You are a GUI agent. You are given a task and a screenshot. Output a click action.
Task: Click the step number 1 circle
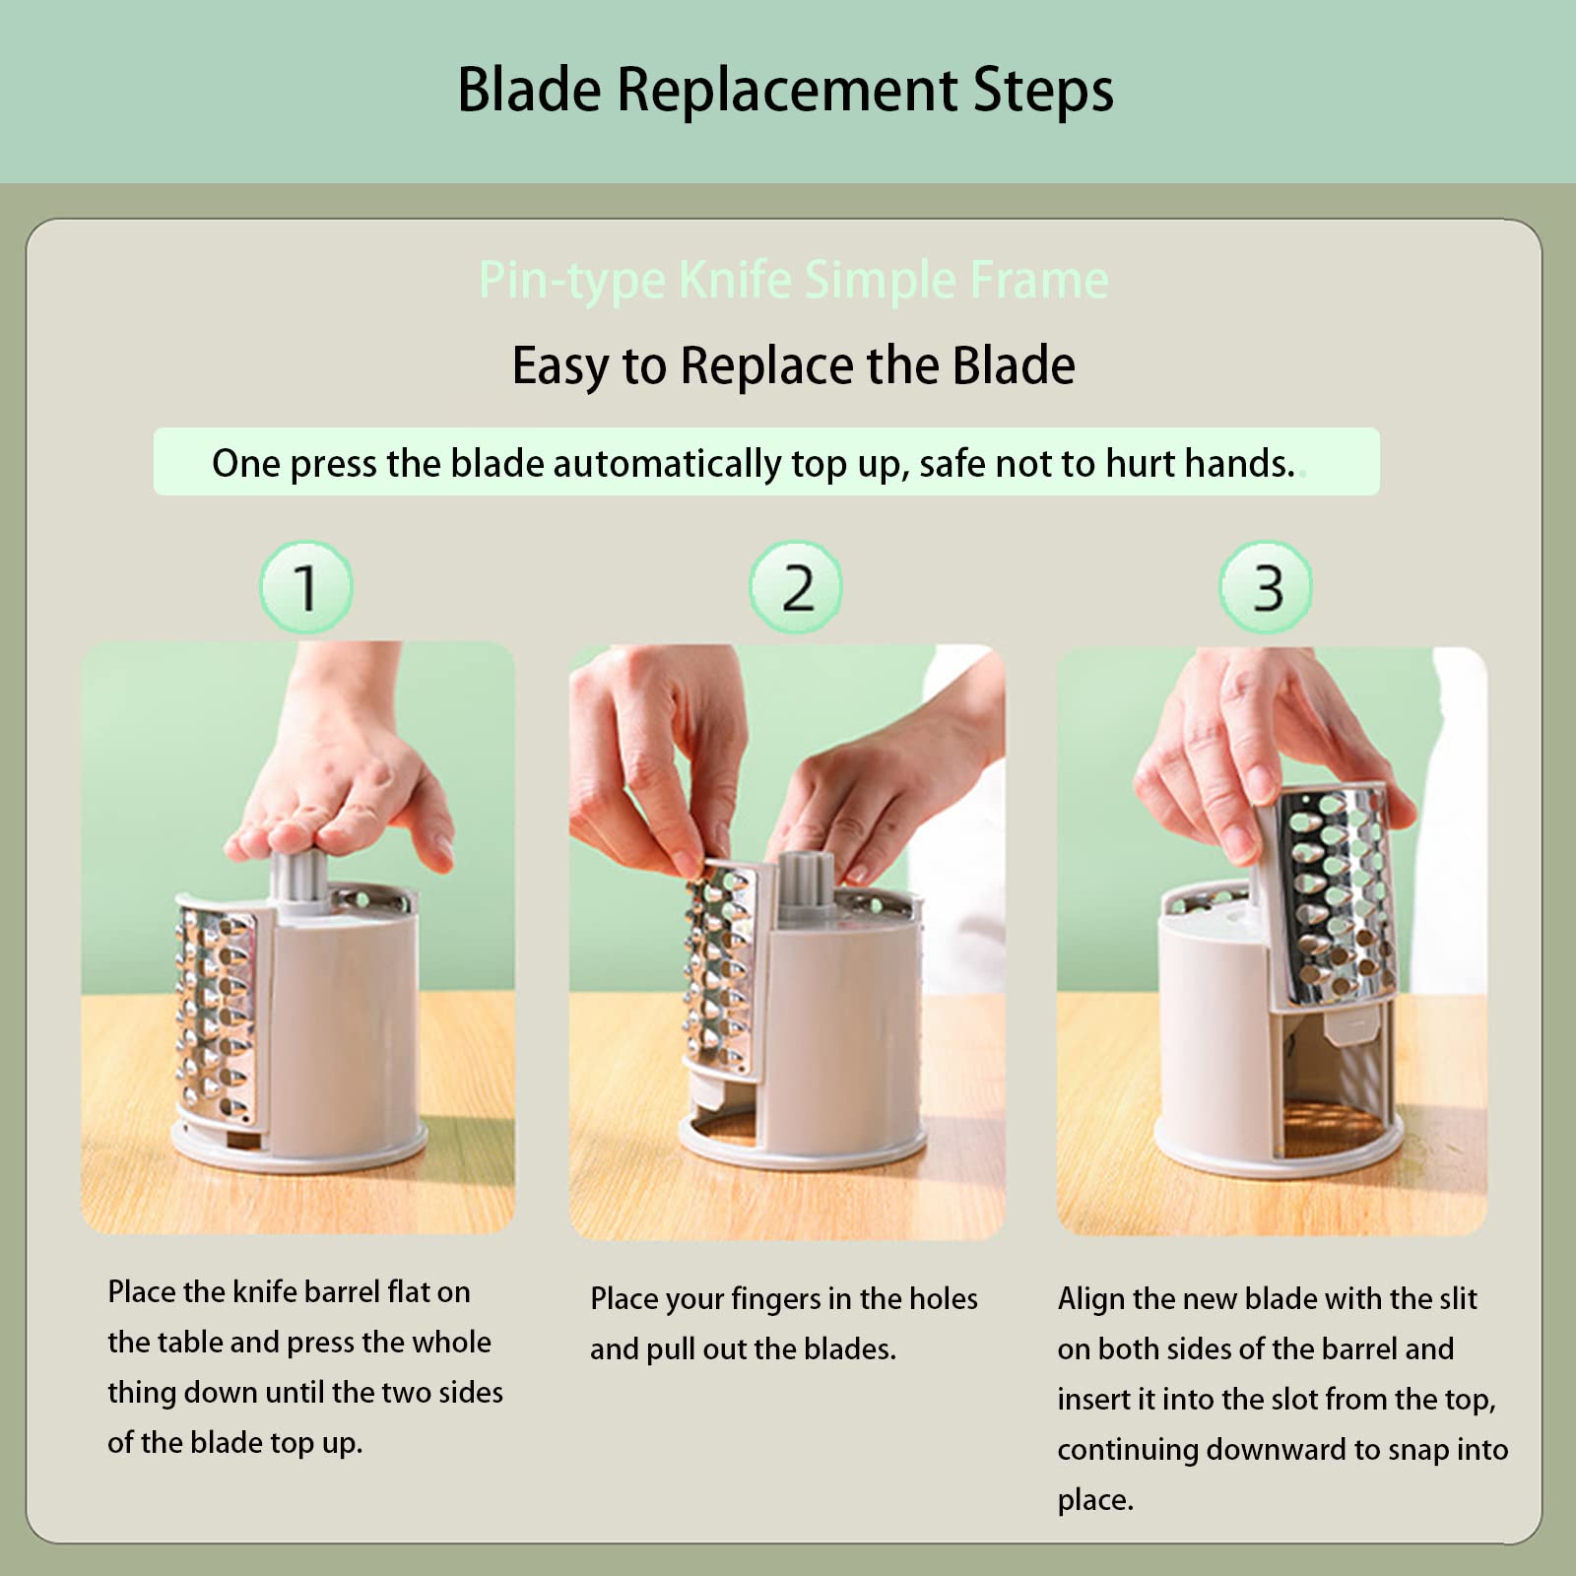[x=306, y=588]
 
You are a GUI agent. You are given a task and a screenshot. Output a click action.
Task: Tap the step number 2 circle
[x=796, y=588]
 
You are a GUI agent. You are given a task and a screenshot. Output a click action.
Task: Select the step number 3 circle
[x=1267, y=588]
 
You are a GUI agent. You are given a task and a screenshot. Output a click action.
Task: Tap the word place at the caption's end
[x=1094, y=1500]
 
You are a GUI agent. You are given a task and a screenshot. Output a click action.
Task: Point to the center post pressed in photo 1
[x=299, y=876]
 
